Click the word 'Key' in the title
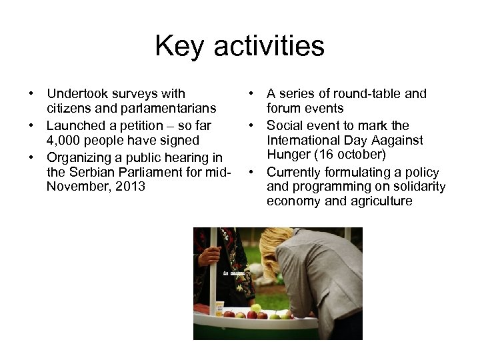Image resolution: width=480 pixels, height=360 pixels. click(x=178, y=47)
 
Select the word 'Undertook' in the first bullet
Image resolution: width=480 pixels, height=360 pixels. click(x=75, y=94)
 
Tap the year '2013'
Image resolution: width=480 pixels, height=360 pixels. click(x=129, y=186)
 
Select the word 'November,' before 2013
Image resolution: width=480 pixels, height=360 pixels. click(x=75, y=186)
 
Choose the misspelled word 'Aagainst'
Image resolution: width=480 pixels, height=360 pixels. click(x=397, y=140)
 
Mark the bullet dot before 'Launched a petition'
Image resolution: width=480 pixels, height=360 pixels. click(x=31, y=125)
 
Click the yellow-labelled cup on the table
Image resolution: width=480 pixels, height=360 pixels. click(x=219, y=307)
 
